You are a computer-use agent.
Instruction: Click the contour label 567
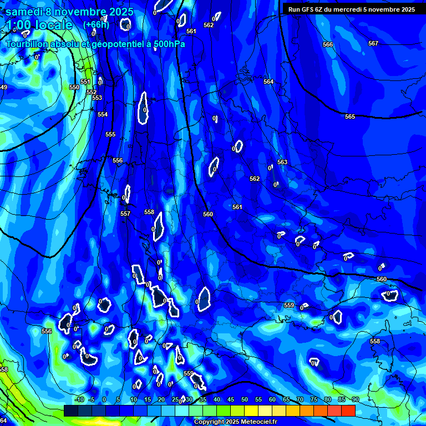point(373,43)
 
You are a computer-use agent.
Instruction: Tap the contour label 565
point(350,116)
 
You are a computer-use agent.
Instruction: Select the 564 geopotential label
point(268,82)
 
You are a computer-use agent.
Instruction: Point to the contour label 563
point(282,162)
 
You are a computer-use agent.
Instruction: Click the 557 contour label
point(125,214)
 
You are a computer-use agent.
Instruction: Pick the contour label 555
point(110,134)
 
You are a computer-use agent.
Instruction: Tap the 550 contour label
point(74,87)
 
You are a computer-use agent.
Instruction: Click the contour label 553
point(97,98)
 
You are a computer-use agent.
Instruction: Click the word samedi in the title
point(26,12)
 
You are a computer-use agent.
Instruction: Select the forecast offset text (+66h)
point(96,24)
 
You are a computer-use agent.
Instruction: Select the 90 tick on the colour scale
point(355,399)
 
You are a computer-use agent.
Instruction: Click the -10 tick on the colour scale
point(79,399)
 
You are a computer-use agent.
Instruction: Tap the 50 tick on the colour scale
point(244,399)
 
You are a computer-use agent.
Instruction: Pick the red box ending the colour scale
point(348,410)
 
